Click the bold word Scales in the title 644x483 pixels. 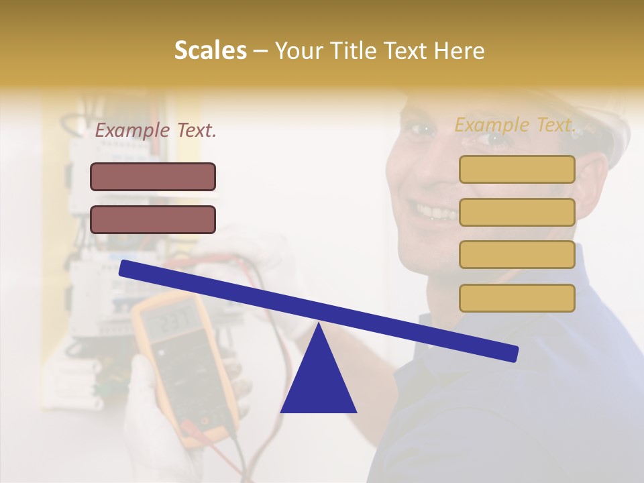(x=210, y=51)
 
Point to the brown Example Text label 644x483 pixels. (x=156, y=130)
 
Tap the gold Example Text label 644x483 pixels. (x=515, y=125)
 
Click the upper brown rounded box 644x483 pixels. (x=153, y=177)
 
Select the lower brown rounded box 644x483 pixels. (x=153, y=220)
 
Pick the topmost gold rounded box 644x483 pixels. (x=517, y=170)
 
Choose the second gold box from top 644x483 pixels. (x=517, y=212)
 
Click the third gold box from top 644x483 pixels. (x=517, y=255)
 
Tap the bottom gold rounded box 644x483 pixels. (x=517, y=298)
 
